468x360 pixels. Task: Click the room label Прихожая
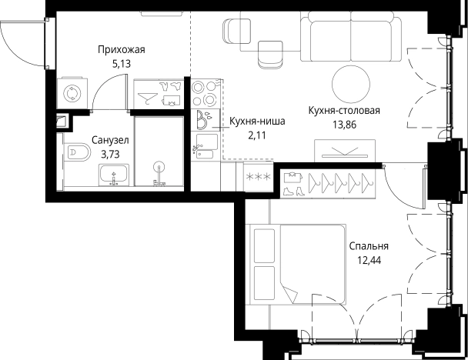[x=122, y=50]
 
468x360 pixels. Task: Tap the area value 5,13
[x=122, y=64]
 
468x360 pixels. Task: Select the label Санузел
[x=109, y=141]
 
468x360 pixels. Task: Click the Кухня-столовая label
[x=344, y=110]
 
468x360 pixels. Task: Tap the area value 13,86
[x=344, y=124]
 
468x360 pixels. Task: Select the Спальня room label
[x=369, y=246]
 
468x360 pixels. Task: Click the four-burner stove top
[x=205, y=94]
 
